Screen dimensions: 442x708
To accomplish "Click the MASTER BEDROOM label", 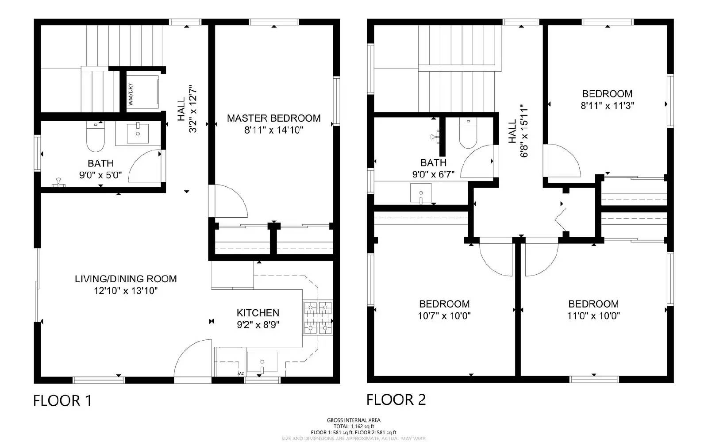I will [x=273, y=118].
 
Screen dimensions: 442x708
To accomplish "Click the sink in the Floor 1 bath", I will [x=138, y=133].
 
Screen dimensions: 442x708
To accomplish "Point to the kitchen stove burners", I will [x=318, y=317].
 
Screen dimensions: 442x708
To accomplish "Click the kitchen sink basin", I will [x=262, y=362].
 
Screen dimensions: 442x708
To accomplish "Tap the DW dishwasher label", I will [x=241, y=374].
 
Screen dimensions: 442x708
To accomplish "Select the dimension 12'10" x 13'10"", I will [x=126, y=291].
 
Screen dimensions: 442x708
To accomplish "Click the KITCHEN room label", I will [x=258, y=313].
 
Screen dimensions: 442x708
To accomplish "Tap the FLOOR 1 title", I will [x=62, y=401].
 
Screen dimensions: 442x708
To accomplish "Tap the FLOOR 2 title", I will [x=396, y=400].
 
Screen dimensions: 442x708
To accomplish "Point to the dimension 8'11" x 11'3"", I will [x=607, y=106].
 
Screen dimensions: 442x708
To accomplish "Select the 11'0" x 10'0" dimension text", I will [x=593, y=316].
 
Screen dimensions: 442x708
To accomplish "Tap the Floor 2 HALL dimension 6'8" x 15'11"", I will [x=524, y=131].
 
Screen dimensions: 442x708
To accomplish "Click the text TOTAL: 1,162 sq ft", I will [x=353, y=427].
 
